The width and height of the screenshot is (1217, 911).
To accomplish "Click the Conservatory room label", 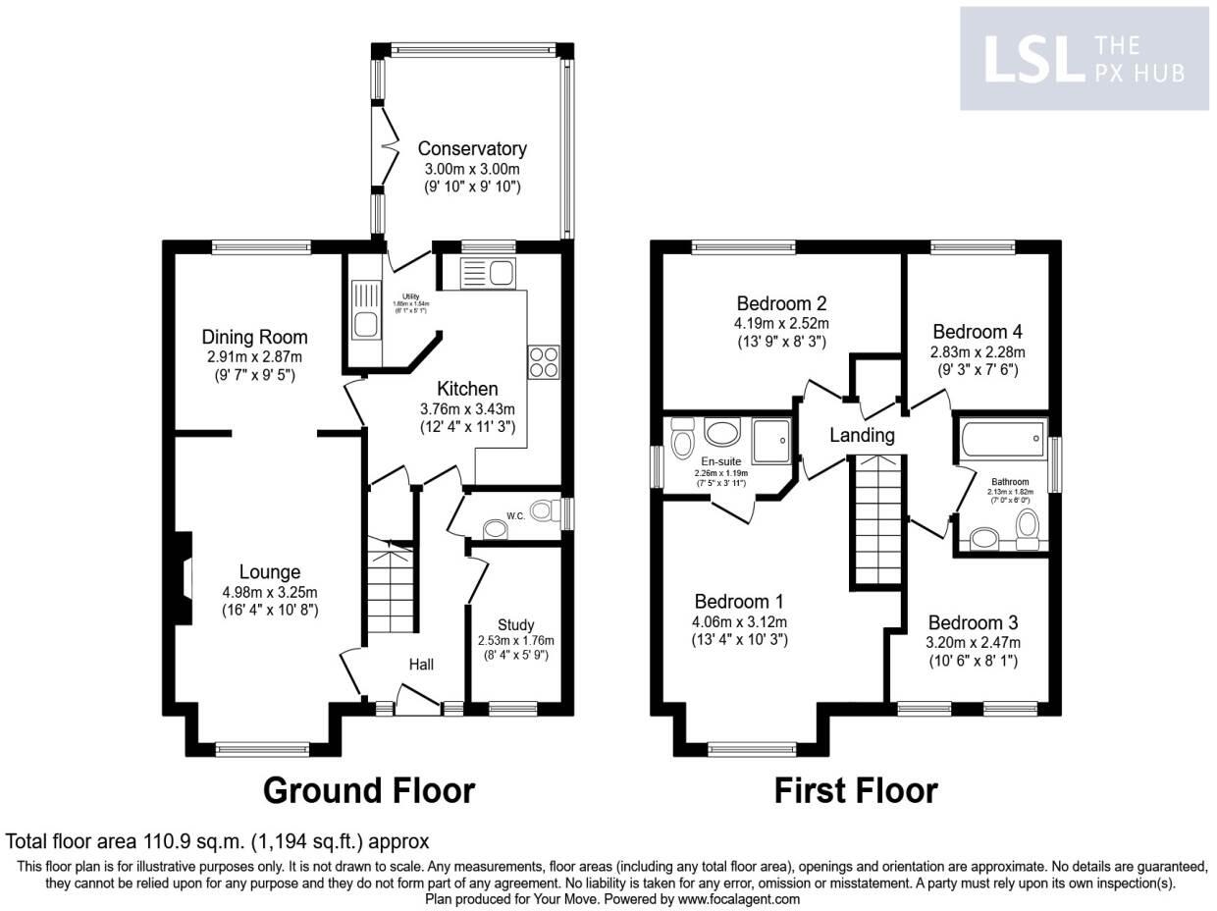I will [472, 148].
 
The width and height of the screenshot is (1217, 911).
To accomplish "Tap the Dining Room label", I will [255, 337].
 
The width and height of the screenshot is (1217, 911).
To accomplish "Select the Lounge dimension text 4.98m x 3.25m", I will [270, 591].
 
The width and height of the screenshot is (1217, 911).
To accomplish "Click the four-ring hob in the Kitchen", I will [544, 361].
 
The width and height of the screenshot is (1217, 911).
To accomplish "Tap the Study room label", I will [515, 624].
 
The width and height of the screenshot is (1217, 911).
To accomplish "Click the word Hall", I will [421, 665].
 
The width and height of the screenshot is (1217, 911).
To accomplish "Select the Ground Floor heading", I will [369, 789].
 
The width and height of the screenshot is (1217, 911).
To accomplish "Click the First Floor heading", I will [856, 789].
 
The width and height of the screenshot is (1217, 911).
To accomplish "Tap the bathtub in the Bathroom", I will [1001, 439].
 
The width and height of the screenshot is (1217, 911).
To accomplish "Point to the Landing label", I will [862, 434].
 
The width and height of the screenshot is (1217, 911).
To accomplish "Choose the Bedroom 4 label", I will [979, 332].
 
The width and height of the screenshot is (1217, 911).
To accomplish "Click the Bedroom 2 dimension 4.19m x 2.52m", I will [782, 323].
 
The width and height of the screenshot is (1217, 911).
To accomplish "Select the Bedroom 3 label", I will [973, 622].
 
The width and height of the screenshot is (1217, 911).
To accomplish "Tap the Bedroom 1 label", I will [739, 601].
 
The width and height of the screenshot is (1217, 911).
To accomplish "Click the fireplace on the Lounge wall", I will [183, 579].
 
